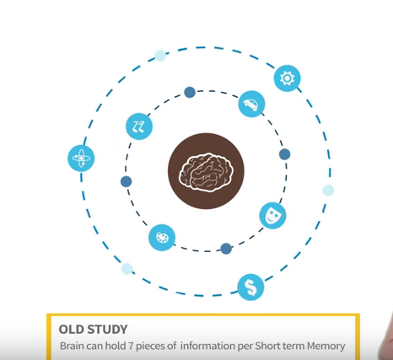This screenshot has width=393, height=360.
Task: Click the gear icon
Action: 287,78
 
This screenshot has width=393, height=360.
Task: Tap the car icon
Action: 251,104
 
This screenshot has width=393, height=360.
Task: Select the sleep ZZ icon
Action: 139,126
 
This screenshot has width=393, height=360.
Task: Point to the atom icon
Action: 81,159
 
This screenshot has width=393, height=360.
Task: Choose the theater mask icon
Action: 272,216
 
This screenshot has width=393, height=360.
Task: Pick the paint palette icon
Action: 162,238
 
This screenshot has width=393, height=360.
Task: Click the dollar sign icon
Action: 250,287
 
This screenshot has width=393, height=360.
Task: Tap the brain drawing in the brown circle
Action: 206,172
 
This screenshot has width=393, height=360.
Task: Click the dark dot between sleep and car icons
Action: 190,92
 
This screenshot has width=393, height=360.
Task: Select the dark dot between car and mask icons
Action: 284,154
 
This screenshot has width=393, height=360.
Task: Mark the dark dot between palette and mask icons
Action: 226,249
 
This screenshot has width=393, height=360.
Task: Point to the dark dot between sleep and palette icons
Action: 127,181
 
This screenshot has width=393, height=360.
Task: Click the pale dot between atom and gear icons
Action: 160,56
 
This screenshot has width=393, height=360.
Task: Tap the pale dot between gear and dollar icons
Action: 328,191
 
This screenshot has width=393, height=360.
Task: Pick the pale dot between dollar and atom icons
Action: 127,269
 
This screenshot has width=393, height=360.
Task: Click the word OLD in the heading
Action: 71,330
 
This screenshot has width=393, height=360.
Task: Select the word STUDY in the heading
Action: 107,330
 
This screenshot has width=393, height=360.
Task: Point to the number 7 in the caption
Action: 131,346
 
